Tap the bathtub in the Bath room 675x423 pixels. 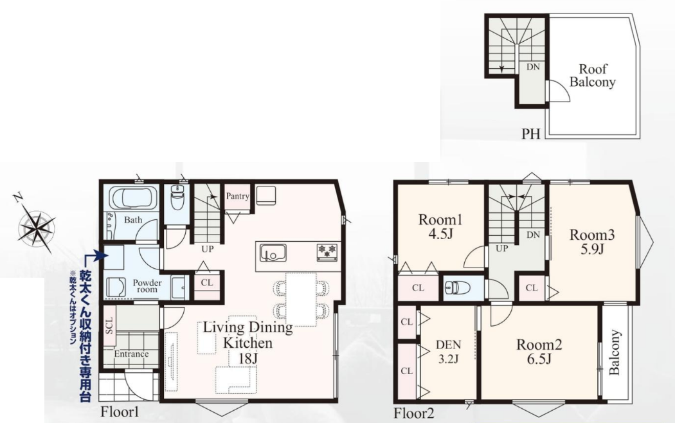coord(131,199)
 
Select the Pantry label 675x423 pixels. coord(237,196)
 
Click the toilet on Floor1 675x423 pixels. coord(177,197)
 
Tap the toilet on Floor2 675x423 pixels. coord(458,287)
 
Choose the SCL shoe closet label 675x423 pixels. coord(109,325)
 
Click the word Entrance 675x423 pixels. coord(131,354)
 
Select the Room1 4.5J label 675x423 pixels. coord(440,227)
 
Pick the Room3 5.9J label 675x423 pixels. coord(592,242)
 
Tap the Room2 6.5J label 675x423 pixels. coord(539,352)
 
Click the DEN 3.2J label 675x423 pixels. coord(448,352)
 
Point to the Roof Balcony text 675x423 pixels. coord(592,75)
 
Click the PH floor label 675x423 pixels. coord(531,134)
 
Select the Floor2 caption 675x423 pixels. coord(414,413)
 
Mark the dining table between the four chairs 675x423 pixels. coord(301,299)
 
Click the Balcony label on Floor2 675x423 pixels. coord(615,352)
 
